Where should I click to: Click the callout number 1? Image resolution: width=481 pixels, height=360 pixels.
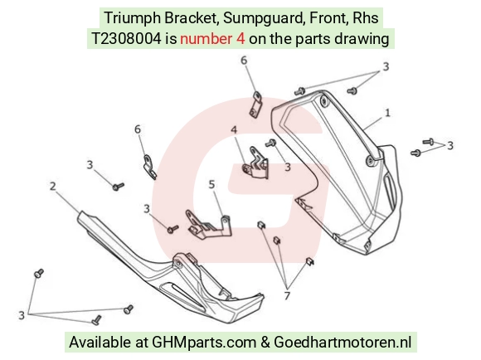click(387, 113)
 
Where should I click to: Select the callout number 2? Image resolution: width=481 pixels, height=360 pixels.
click(53, 186)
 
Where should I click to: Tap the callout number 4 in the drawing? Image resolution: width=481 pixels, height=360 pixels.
click(234, 130)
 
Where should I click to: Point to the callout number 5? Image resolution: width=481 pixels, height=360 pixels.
click(211, 184)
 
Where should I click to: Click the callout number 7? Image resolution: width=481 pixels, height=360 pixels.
click(287, 296)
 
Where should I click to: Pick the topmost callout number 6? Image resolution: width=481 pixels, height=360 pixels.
click(244, 61)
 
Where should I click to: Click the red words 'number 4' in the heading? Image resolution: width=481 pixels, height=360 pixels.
click(212, 39)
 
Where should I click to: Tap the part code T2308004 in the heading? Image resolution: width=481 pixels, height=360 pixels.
click(126, 39)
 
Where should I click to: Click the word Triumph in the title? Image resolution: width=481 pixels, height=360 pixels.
click(133, 17)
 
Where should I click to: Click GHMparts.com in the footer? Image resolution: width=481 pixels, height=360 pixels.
click(204, 343)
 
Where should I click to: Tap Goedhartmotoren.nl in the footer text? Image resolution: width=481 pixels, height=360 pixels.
click(343, 343)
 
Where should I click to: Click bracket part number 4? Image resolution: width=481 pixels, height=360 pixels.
click(255, 163)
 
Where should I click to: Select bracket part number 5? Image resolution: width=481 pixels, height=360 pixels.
click(209, 226)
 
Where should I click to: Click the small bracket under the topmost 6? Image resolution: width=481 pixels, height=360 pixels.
click(255, 105)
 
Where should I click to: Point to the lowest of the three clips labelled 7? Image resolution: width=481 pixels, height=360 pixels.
click(310, 261)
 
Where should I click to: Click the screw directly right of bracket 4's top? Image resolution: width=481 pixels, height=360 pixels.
click(270, 143)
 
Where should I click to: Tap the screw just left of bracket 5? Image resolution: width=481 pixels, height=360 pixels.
click(172, 229)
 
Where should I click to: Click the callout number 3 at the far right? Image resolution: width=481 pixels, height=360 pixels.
click(450, 145)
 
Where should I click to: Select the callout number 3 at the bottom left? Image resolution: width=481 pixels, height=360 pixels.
click(22, 315)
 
